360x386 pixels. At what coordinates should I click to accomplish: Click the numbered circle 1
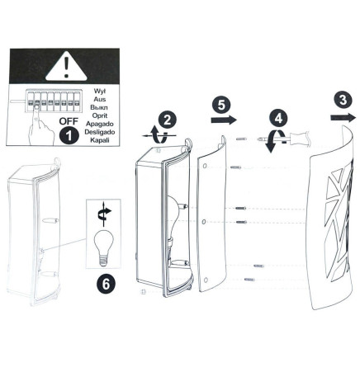[69, 135]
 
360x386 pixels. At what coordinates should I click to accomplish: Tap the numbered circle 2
[168, 120]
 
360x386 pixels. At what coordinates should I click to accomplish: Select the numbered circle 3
[343, 100]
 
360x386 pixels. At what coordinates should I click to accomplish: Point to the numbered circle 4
[278, 119]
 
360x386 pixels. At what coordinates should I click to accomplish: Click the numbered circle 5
[221, 105]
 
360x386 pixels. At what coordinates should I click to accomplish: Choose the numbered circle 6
[107, 284]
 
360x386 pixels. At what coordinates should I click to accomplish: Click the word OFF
[69, 121]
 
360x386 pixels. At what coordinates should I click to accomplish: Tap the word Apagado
[99, 124]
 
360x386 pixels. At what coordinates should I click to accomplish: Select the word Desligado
[100, 132]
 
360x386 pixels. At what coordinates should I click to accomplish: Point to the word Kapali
[100, 140]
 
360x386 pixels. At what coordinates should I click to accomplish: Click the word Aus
[100, 99]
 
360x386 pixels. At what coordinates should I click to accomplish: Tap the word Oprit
[100, 115]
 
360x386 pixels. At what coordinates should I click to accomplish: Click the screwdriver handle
[299, 137]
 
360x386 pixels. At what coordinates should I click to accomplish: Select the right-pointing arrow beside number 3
[343, 118]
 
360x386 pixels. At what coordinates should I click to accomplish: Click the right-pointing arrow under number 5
[224, 120]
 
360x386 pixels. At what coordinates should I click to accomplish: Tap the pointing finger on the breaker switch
[41, 125]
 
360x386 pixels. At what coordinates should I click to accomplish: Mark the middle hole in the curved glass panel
[204, 222]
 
